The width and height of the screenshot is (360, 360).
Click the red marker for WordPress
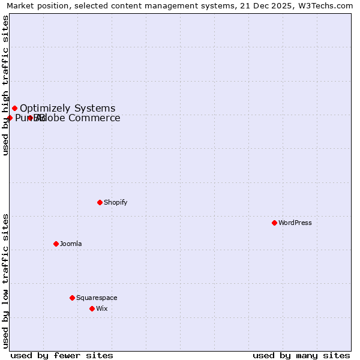(x=274, y=223)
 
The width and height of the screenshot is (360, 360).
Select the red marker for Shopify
(x=100, y=202)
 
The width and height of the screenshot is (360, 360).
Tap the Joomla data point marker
(x=56, y=244)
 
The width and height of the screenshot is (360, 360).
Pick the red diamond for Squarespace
(x=72, y=298)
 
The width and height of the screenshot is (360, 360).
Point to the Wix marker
(x=92, y=308)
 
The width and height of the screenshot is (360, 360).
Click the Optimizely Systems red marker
(x=14, y=109)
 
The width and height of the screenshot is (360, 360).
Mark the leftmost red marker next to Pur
(x=10, y=118)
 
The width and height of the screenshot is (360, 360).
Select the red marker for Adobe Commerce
(x=30, y=118)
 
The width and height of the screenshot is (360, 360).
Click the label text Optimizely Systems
(x=67, y=109)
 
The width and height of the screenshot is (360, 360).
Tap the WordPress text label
(x=295, y=223)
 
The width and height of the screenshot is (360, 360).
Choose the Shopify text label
(x=115, y=202)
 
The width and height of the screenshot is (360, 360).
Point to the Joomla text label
(x=70, y=244)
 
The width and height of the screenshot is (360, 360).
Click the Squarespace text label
(x=96, y=298)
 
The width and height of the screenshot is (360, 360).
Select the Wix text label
(x=101, y=308)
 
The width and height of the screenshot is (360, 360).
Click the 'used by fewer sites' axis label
(x=62, y=355)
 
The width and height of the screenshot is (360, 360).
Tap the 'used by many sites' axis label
(x=301, y=355)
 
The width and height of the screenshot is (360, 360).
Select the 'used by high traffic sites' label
(x=5, y=85)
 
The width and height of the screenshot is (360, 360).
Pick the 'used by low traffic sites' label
(x=5, y=280)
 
